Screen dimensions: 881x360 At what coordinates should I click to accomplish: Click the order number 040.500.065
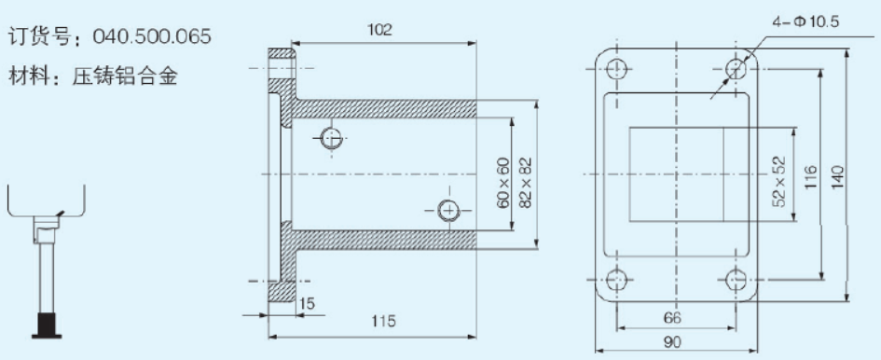pyautogui.click(x=152, y=36)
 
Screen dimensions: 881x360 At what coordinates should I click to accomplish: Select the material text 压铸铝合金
pyautogui.click(x=125, y=76)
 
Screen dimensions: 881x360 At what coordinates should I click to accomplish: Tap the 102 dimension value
pyautogui.click(x=379, y=30)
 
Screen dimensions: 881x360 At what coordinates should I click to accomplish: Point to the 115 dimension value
pyautogui.click(x=384, y=321)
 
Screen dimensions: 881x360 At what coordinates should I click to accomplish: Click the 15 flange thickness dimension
pyautogui.click(x=307, y=304)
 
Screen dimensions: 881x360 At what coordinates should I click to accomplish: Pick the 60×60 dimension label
pyautogui.click(x=502, y=183)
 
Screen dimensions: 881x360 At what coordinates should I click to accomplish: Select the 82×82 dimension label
pyautogui.click(x=526, y=183)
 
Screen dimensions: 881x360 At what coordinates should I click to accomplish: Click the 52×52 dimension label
pyautogui.click(x=779, y=181)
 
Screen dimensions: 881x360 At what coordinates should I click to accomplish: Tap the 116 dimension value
pyautogui.click(x=809, y=176)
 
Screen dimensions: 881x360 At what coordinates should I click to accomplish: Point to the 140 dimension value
pyautogui.click(x=836, y=176)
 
